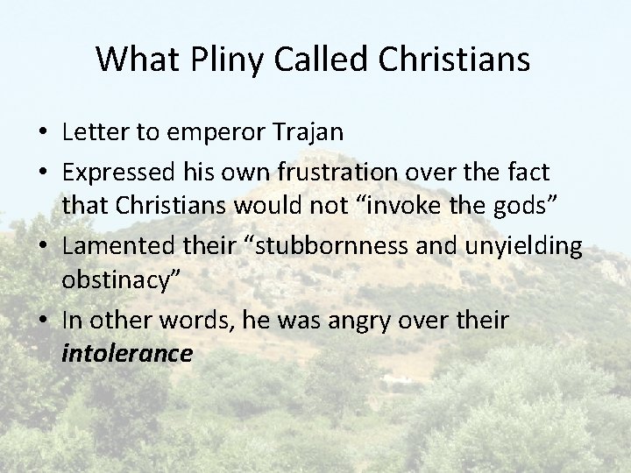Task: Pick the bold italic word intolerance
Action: pyautogui.click(x=127, y=354)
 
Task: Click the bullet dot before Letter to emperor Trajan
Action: pyautogui.click(x=42, y=134)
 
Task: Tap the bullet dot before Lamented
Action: pyautogui.click(x=42, y=247)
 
